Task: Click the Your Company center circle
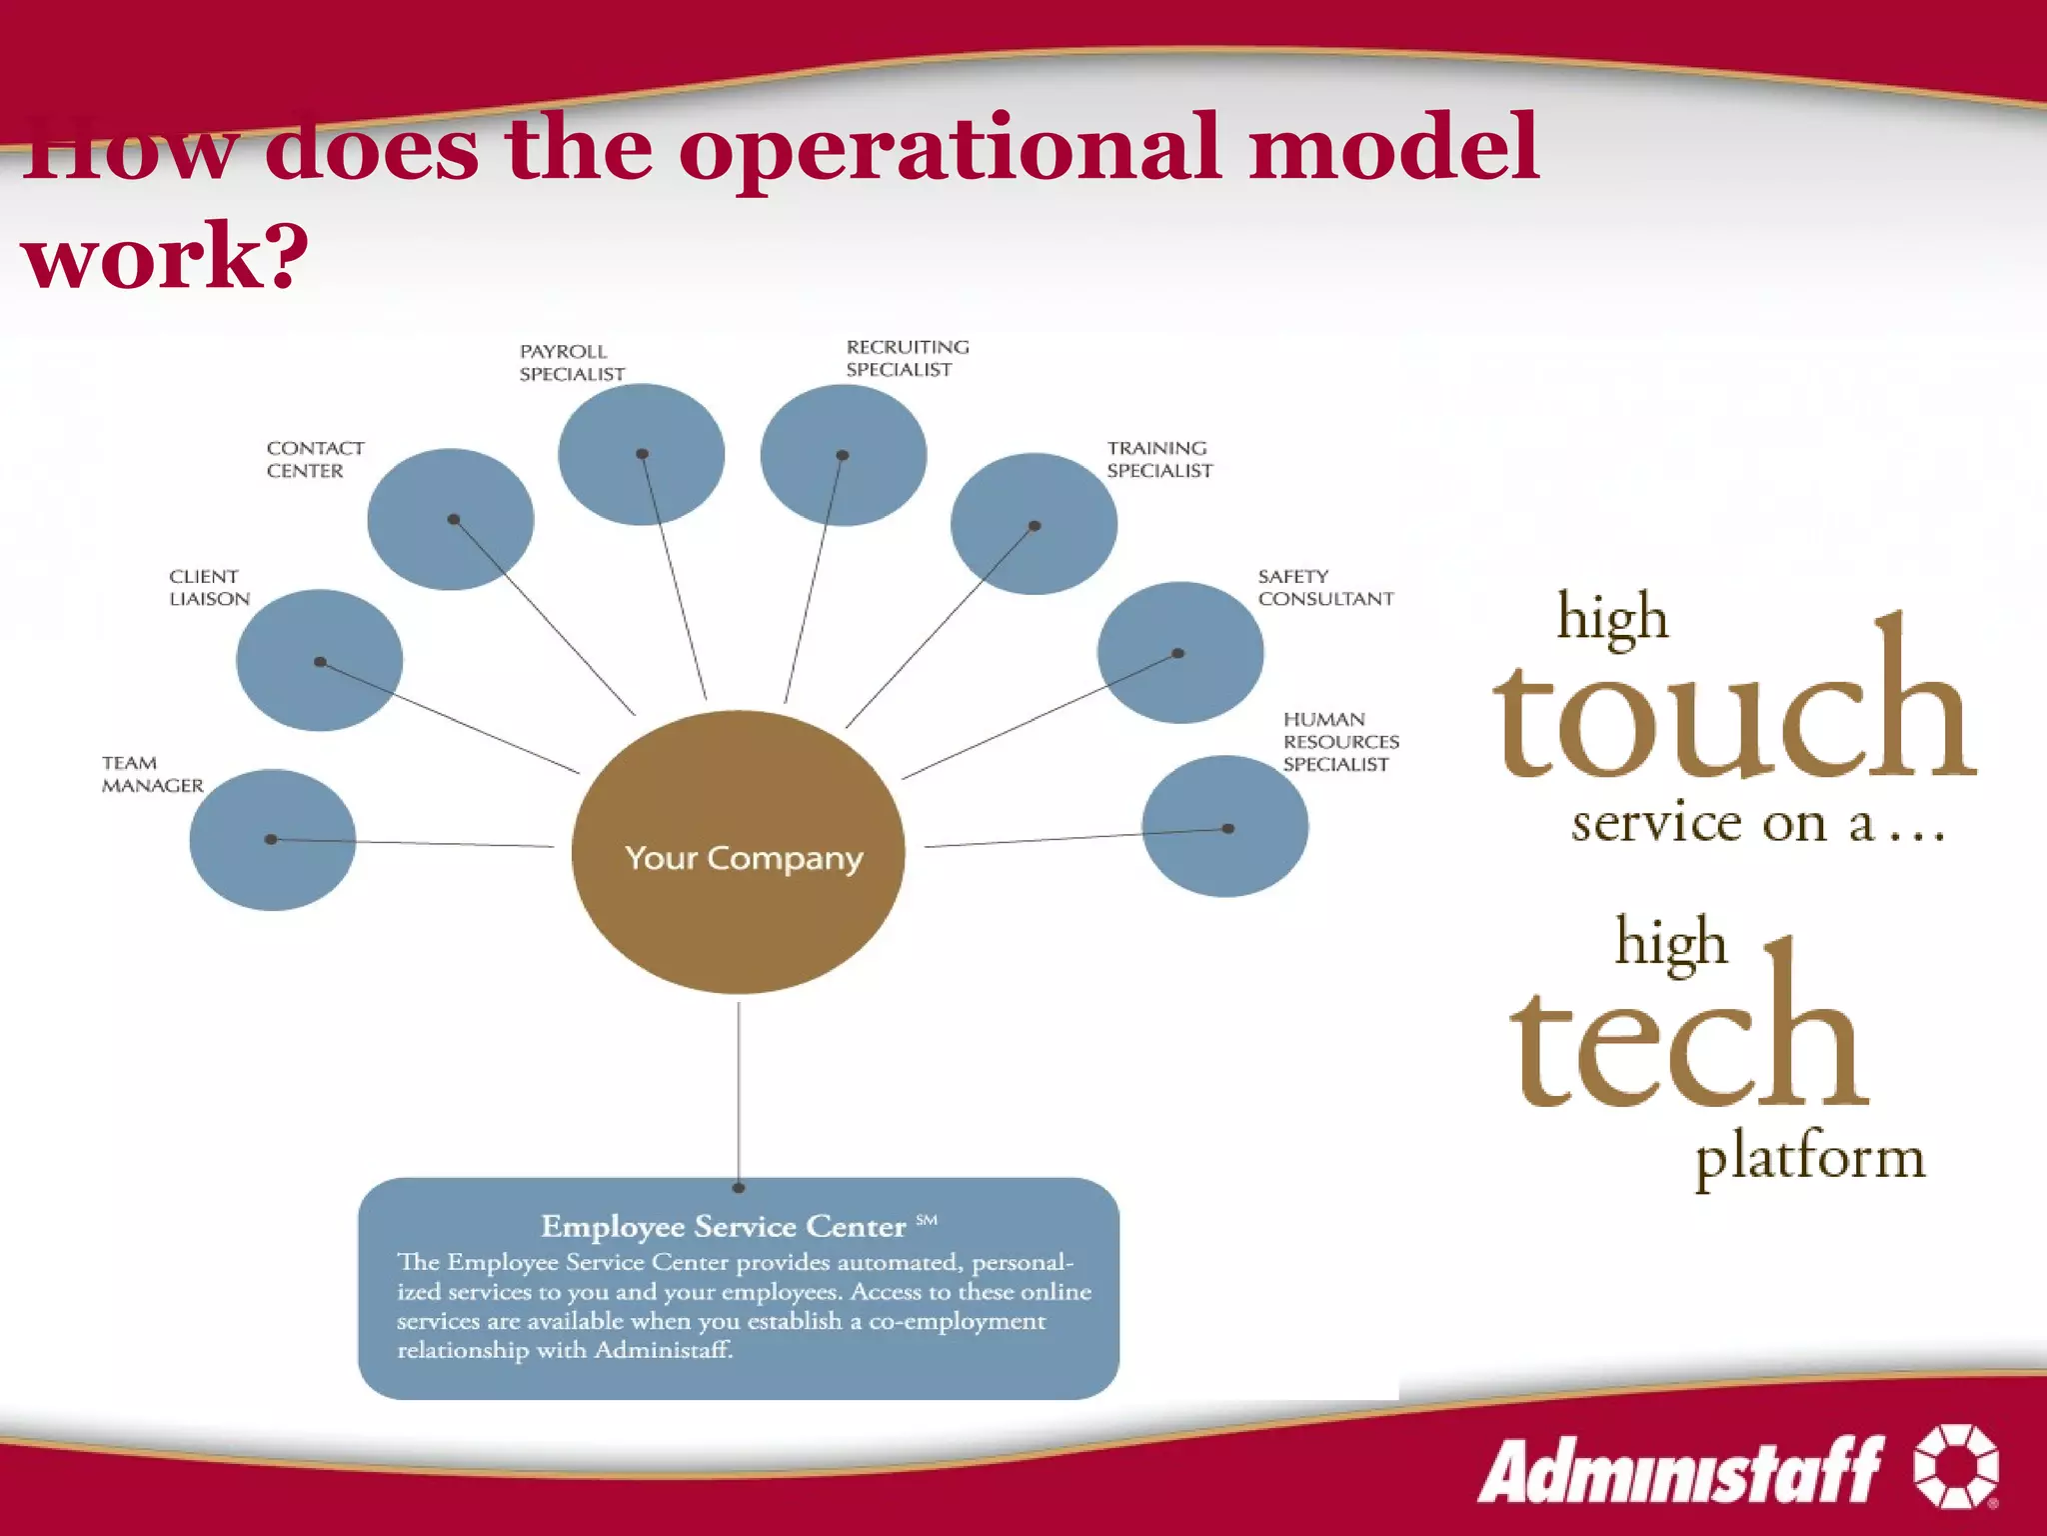(x=739, y=853)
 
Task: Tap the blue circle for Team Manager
(x=273, y=840)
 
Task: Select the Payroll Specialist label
(x=572, y=363)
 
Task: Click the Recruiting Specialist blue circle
(x=843, y=456)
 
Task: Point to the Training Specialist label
(x=1159, y=459)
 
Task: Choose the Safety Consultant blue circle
(x=1179, y=653)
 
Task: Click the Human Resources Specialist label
(x=1340, y=742)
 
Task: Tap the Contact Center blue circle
(x=451, y=520)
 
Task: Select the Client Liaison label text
(x=209, y=588)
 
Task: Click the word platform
(x=1810, y=1158)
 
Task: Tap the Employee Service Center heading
(x=723, y=1226)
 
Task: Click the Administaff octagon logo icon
(x=1956, y=1466)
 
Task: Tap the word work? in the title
(x=165, y=256)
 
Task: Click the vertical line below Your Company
(x=739, y=1090)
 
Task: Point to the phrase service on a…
(x=1757, y=824)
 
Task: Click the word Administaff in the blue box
(x=663, y=1350)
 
